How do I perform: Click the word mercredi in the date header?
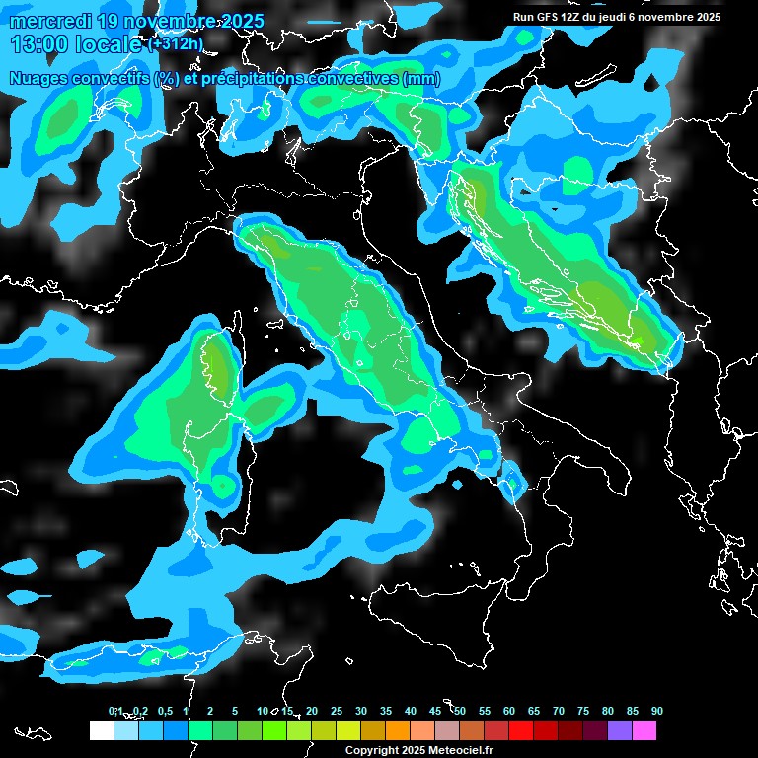coord(50,22)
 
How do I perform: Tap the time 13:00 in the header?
coord(38,44)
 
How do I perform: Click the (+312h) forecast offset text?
coord(176,44)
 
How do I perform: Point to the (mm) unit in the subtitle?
coord(420,79)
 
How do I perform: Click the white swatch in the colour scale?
coord(101,730)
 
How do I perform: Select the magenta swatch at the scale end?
coord(644,730)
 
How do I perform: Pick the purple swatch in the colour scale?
coord(619,730)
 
